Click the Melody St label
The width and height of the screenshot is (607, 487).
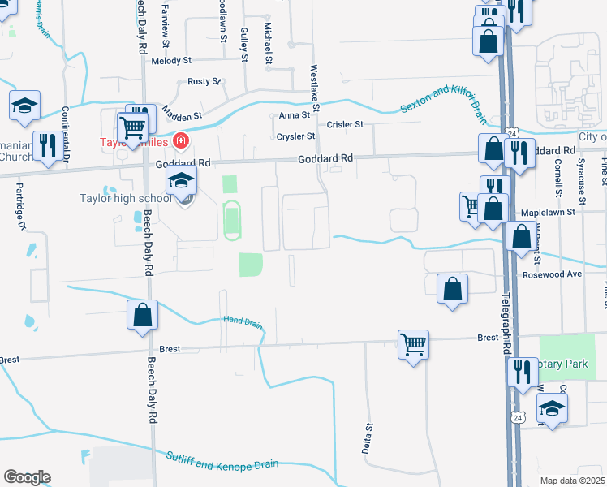170,61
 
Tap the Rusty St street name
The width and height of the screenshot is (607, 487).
204,81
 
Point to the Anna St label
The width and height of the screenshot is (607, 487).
290,116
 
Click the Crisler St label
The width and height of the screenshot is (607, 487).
345,125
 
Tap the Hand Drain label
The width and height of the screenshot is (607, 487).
243,323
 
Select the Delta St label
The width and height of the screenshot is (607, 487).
368,437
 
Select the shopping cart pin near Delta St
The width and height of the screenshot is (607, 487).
413,344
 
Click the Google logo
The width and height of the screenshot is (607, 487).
27,477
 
